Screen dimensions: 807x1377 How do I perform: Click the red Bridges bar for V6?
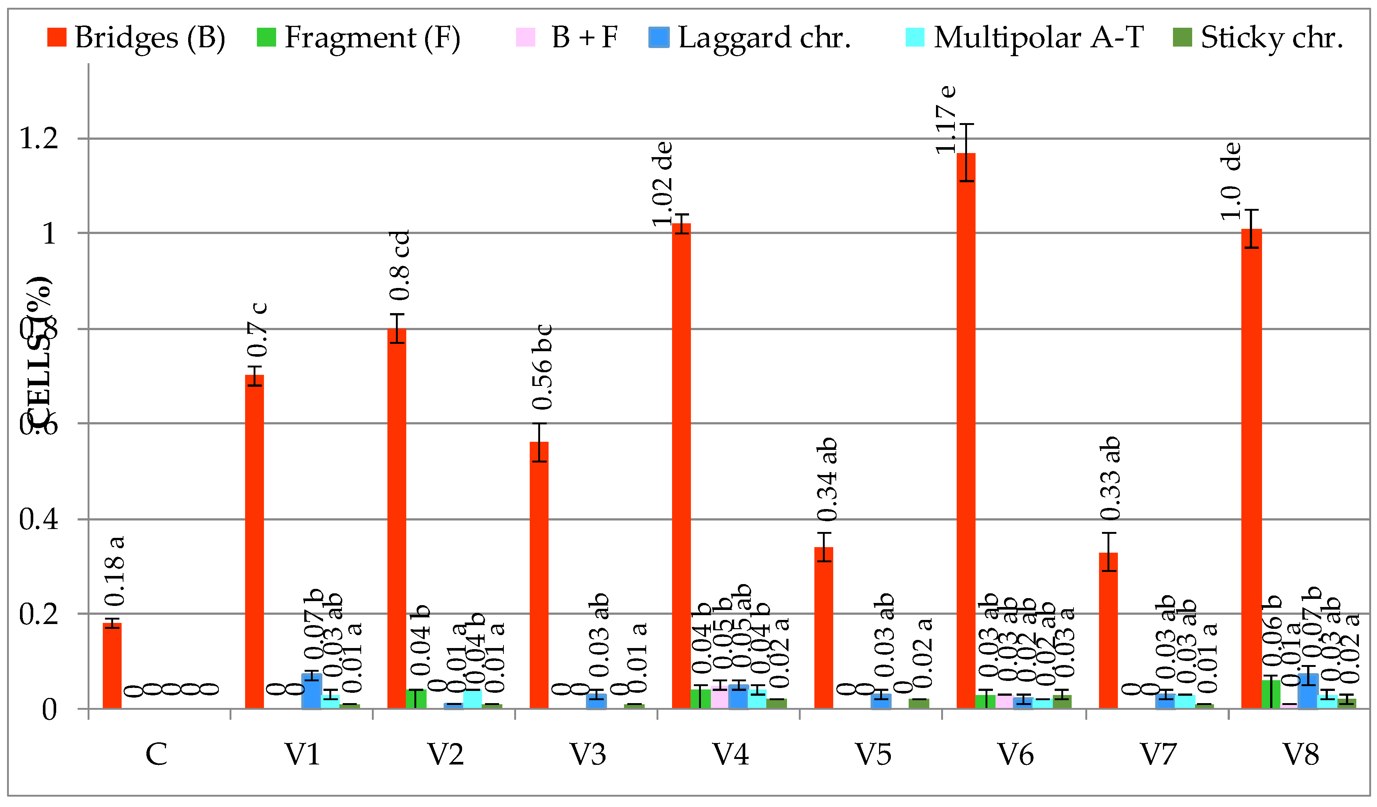[x=966, y=432]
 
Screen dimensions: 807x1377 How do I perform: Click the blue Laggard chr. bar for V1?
[x=312, y=691]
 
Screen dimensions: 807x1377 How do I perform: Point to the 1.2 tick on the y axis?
[x=38, y=138]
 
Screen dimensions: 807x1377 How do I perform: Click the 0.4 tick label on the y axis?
[x=38, y=519]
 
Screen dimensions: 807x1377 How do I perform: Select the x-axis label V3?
[x=588, y=755]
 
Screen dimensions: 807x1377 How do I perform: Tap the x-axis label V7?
[x=1158, y=755]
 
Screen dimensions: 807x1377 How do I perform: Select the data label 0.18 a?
[x=115, y=572]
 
